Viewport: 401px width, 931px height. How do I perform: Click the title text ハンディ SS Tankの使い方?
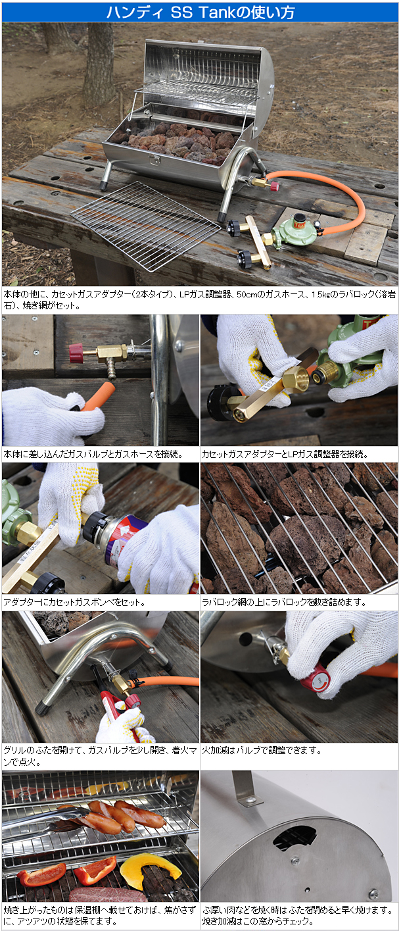click(x=200, y=12)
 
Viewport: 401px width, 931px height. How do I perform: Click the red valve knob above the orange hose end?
click(x=76, y=353)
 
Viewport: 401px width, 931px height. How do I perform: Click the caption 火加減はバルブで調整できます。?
click(x=262, y=750)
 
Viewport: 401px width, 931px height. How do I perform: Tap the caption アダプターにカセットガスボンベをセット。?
click(x=74, y=602)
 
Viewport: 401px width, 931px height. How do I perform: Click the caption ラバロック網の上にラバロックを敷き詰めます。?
click(x=284, y=602)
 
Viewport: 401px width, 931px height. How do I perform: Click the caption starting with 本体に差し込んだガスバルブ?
click(x=93, y=454)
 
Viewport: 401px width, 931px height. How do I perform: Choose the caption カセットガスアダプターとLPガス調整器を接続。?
click(x=285, y=454)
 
